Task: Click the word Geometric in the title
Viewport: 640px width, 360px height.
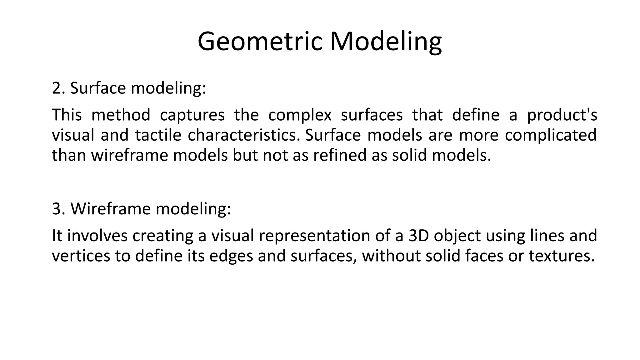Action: point(260,42)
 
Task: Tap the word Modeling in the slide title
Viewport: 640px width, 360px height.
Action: point(386,42)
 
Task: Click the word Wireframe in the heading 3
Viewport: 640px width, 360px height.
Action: point(111,209)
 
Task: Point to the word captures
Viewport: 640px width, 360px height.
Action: point(192,115)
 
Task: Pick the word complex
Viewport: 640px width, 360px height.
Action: point(300,115)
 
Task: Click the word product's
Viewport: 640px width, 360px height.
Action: point(562,115)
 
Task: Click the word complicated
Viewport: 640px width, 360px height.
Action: point(551,135)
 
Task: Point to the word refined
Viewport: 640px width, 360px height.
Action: point(340,155)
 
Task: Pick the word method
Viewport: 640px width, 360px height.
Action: point(121,115)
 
